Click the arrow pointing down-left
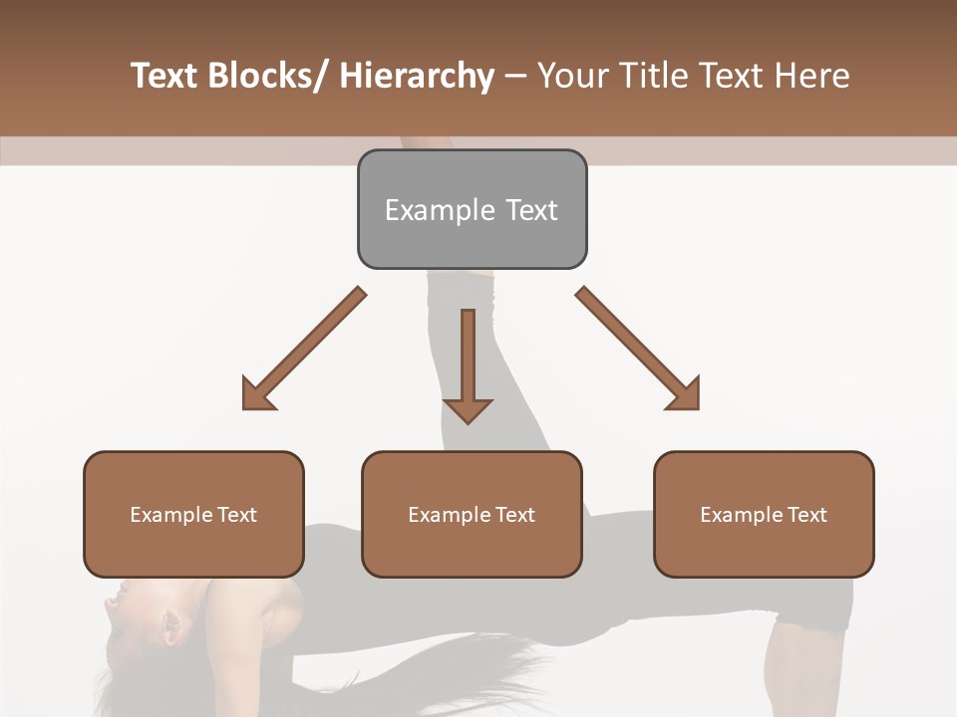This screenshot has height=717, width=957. pos(303,350)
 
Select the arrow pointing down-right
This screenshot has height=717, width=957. pos(639,350)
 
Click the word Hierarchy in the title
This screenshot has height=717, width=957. pos(417,76)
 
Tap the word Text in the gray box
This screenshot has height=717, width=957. pos(531,210)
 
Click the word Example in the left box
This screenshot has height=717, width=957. pos(165,515)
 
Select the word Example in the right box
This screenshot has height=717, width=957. pos(736,515)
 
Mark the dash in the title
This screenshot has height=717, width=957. pos(515,77)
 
